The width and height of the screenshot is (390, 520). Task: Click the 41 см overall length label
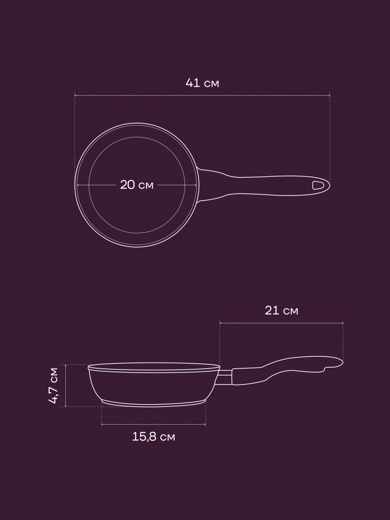pyautogui.click(x=202, y=83)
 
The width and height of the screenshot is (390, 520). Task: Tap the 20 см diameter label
pyautogui.click(x=137, y=185)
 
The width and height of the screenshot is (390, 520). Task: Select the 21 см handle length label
pyautogui.click(x=281, y=311)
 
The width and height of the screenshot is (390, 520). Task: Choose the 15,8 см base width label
pyautogui.click(x=153, y=437)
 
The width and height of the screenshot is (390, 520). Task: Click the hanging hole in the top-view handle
pyautogui.click(x=317, y=185)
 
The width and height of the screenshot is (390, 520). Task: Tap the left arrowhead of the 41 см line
pyautogui.click(x=75, y=95)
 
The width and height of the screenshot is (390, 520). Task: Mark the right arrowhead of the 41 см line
pyautogui.click(x=329, y=95)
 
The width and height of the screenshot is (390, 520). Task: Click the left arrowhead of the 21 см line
pyautogui.click(x=220, y=323)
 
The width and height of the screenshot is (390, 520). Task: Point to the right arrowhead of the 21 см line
pyautogui.click(x=342, y=323)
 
